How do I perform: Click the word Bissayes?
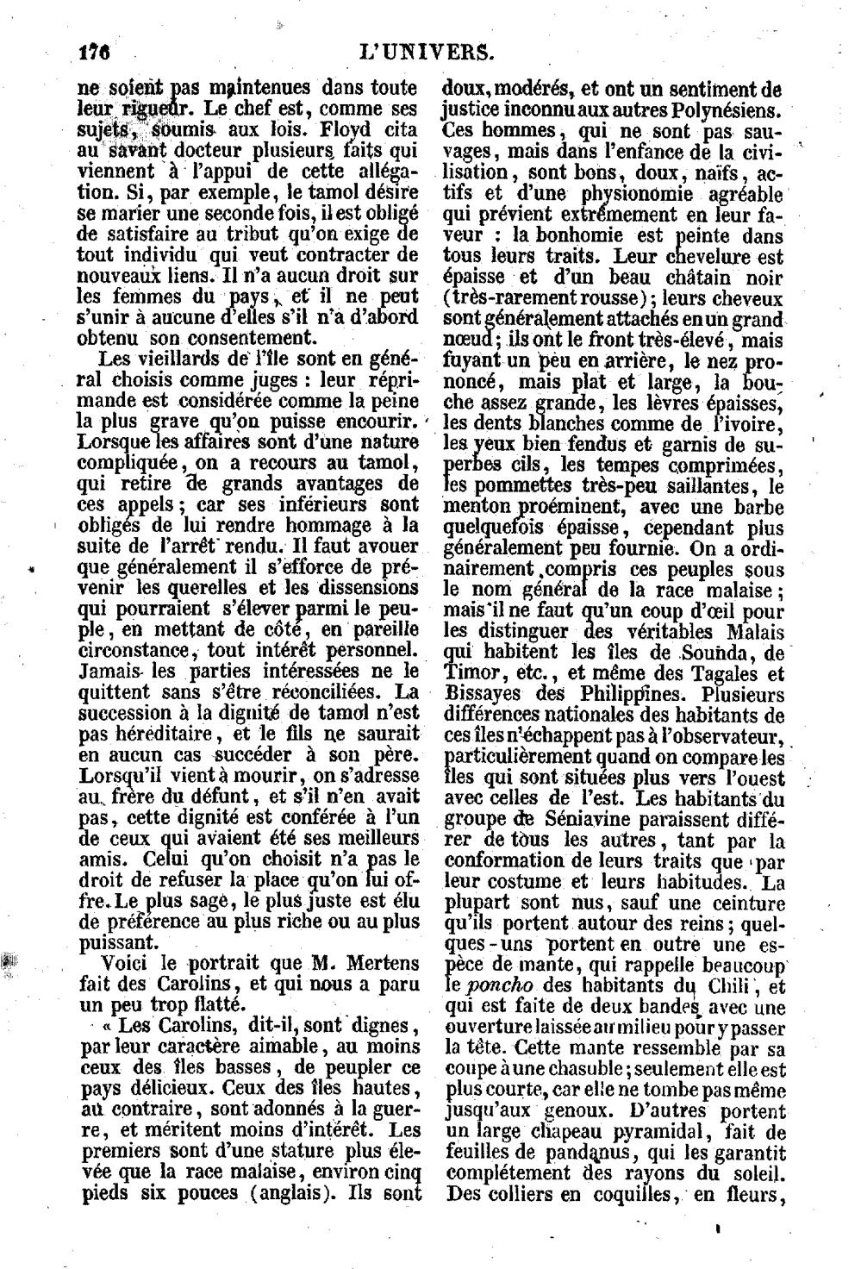pyautogui.click(x=477, y=695)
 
